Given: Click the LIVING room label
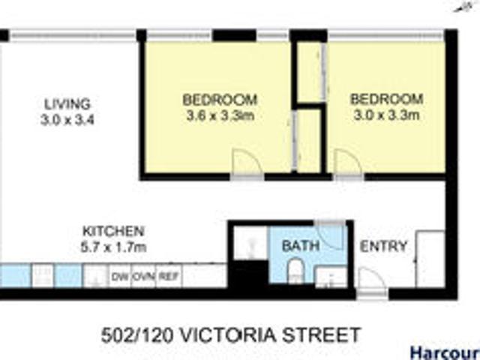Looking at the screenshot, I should coord(67,103).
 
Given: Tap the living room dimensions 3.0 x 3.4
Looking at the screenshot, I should coord(67,118).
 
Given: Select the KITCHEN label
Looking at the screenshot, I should coord(113,231).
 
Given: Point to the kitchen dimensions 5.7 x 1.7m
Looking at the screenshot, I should coord(113,245).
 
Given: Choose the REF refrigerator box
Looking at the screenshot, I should coord(169,277).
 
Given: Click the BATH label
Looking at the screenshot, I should coord(300,245).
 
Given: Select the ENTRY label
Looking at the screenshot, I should coord(383,246).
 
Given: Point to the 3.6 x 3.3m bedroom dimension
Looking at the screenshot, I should coord(220,115).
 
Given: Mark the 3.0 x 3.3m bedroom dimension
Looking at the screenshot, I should coord(386,115).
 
